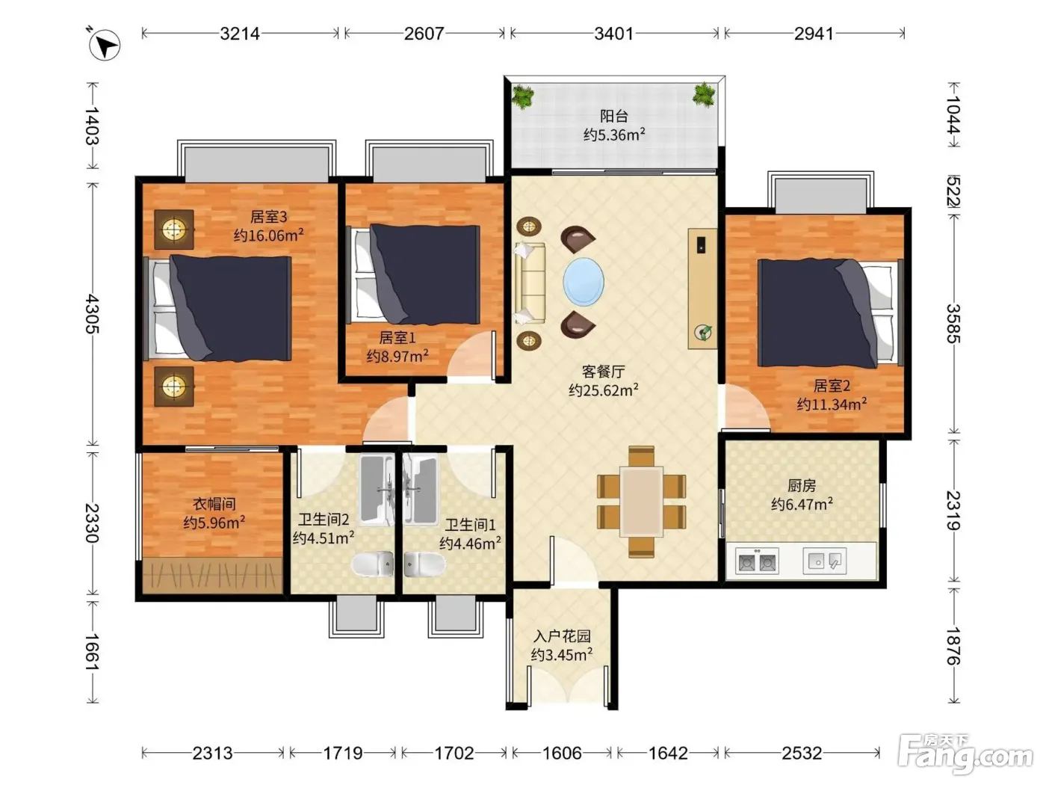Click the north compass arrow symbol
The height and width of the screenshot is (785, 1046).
pos(105,46)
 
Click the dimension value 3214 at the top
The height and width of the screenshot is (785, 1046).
pos(240,34)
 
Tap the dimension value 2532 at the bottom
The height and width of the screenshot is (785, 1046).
pos(802,753)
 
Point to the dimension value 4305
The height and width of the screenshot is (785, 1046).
pos(93,313)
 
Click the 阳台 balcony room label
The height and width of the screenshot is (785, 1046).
pos(614,116)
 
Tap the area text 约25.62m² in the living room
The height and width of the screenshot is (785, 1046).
pos(603,390)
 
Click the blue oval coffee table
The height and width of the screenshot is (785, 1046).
pos(584,282)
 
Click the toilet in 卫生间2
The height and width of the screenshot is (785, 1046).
pos(373,564)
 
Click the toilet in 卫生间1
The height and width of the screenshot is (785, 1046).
pos(424,564)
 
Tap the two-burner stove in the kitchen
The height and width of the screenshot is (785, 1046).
pos(757,561)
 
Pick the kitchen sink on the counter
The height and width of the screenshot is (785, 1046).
pos(824,560)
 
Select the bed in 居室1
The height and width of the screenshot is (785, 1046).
pos(415,274)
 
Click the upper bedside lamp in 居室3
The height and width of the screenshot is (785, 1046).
pos(174,230)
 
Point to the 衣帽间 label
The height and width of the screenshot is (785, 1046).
pos(214,504)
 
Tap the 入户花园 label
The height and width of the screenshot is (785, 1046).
pos(563,636)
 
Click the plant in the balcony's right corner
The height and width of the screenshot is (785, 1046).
pos(704,94)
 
